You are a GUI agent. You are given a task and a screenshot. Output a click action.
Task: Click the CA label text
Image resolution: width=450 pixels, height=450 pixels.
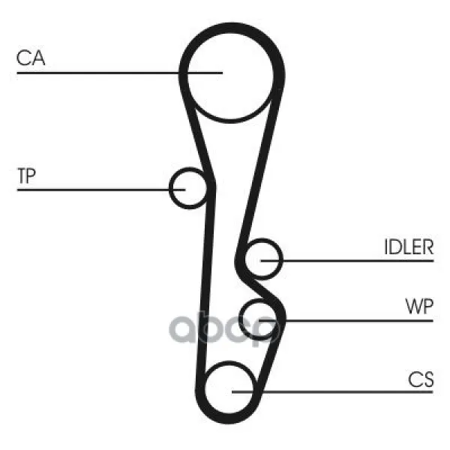point(31,58)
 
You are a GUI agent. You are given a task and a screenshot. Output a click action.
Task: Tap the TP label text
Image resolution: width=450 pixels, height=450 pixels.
point(27,175)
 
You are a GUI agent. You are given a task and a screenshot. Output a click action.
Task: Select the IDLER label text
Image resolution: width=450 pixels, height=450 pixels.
point(409,247)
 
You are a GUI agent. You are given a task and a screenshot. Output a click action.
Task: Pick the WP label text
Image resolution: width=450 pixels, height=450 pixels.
point(419,306)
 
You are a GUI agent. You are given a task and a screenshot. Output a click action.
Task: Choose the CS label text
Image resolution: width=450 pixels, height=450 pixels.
point(421,379)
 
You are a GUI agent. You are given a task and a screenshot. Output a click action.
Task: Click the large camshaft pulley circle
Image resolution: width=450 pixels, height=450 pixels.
point(229,73)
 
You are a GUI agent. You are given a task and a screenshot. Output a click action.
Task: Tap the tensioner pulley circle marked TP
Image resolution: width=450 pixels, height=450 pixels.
point(188,188)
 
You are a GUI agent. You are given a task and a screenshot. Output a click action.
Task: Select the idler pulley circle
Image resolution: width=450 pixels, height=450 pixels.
point(263,259)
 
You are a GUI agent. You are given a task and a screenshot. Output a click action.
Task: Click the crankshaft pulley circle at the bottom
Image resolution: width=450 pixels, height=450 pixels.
point(229,388)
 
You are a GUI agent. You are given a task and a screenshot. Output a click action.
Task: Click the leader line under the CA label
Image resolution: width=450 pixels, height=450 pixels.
point(120,73)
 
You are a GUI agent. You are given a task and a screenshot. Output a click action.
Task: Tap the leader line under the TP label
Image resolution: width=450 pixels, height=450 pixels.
point(101,190)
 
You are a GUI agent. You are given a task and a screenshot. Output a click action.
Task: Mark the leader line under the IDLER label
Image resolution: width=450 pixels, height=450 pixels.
point(347,261)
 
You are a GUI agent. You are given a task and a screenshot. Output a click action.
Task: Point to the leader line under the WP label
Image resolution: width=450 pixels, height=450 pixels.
point(346,320)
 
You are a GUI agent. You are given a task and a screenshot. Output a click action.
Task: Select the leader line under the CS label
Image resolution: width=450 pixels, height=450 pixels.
point(332,391)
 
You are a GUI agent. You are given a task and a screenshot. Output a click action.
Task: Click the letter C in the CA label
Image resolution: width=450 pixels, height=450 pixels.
point(23,58)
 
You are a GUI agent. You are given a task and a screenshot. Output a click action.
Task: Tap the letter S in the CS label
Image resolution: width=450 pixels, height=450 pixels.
point(427,379)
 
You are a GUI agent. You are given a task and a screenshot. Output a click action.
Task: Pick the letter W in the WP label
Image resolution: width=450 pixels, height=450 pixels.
point(414,306)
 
